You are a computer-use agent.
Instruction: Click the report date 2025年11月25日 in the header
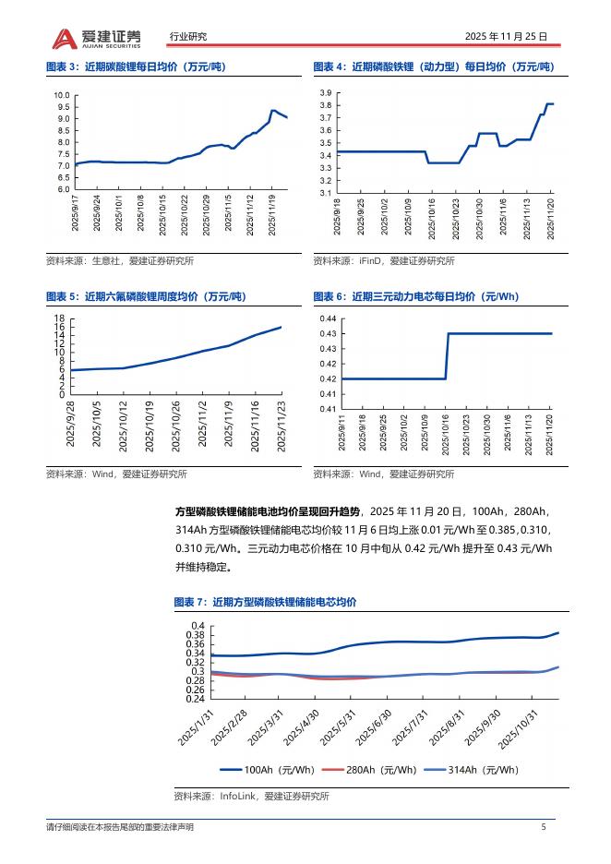click(506, 37)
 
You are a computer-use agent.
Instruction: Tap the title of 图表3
click(135, 67)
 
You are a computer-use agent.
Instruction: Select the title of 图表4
click(433, 67)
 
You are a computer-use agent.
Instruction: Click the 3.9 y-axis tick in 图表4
click(325, 93)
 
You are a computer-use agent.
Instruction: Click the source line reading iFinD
click(383, 261)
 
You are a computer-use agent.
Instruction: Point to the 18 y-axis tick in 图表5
click(59, 318)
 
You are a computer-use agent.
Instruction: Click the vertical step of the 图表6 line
click(448, 355)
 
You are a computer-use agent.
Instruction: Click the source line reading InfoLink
click(251, 796)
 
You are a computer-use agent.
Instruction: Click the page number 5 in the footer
click(544, 827)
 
